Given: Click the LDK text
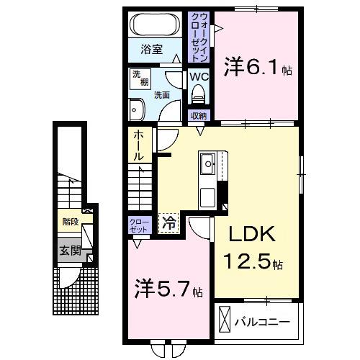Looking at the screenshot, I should coord(253,235).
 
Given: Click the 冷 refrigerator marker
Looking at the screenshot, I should coord(168,224).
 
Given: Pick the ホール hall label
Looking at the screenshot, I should coord(139,145).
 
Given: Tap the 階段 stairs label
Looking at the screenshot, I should coord(70,222).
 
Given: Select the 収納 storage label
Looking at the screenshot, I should coord(199,116).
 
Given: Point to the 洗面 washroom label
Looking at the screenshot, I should coord(161,94).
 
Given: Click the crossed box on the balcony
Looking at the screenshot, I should coord(225,318).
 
